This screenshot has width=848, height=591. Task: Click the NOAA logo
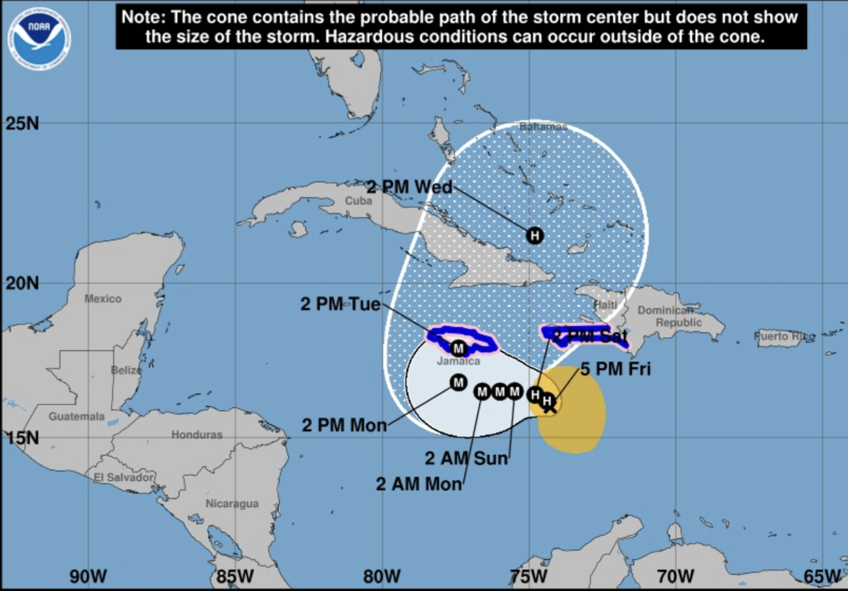coord(39,38)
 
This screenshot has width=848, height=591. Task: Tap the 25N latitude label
coord(22,123)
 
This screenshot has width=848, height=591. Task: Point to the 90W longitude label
coord(88,576)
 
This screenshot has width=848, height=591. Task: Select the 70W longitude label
coord(675,576)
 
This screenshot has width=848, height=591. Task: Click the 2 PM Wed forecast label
coord(409,187)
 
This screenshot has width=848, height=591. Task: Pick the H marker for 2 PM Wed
coord(535,235)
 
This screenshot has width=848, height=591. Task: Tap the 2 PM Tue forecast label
coord(340,304)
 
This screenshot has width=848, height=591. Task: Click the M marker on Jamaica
coord(459,348)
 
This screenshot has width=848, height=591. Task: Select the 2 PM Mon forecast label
coord(344,425)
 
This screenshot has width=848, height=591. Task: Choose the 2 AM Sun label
coord(466,458)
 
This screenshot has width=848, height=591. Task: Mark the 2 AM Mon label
coord(419,484)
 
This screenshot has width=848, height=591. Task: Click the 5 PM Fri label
coord(615,369)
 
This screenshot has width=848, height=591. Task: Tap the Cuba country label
coord(358,201)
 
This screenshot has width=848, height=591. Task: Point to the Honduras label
coord(197,435)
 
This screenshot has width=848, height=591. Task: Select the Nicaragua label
coord(232,503)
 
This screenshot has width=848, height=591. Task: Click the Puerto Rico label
coord(784,336)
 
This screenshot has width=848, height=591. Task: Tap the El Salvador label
coord(124,477)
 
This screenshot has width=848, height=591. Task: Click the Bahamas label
coord(543,127)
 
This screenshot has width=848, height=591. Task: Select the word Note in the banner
coord(143,17)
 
